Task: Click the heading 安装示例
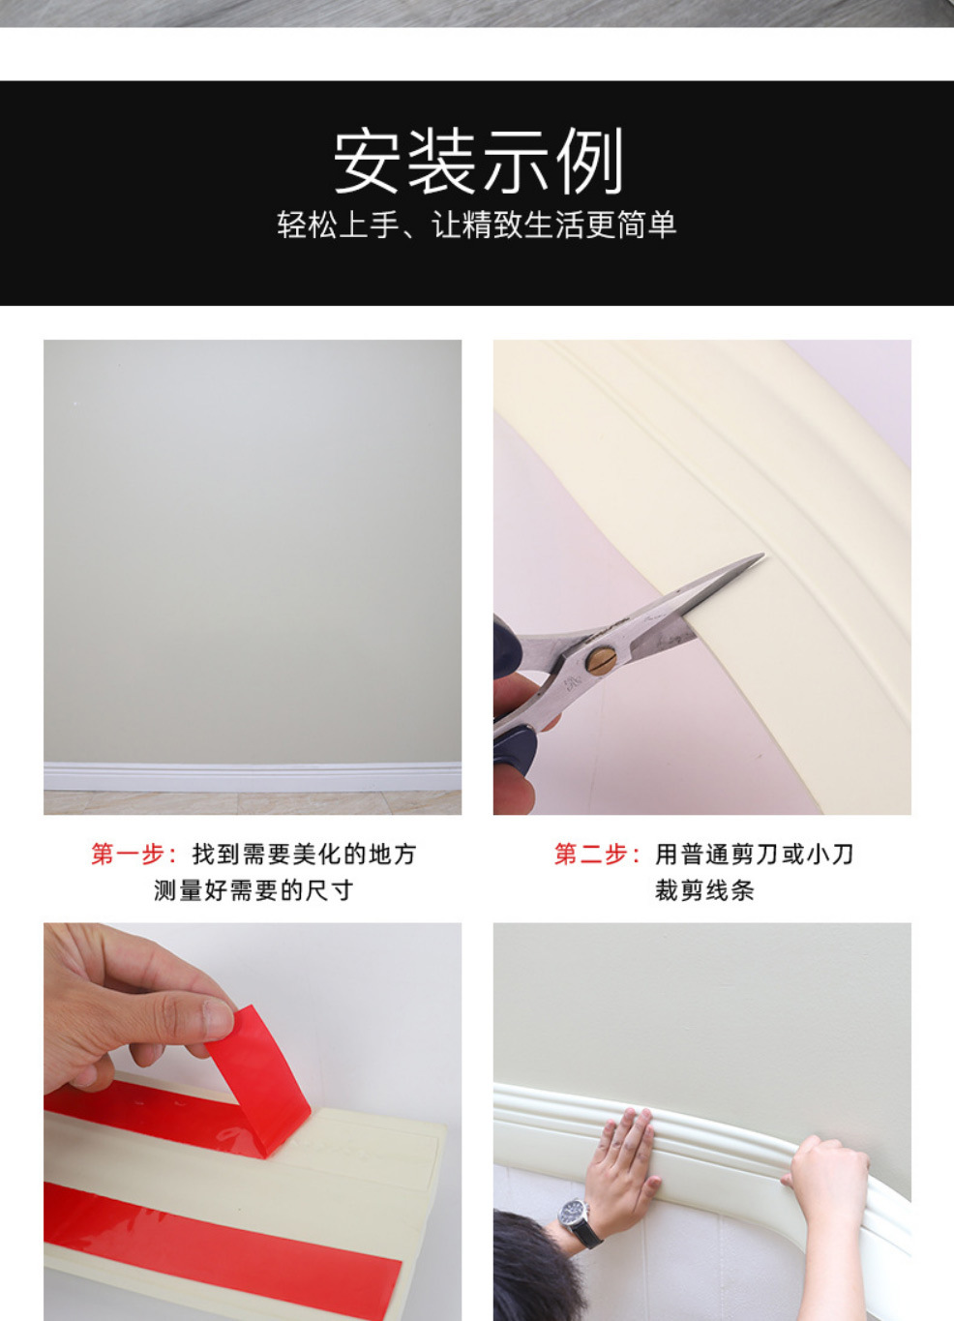tap(478, 161)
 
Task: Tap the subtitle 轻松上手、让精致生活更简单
tap(477, 225)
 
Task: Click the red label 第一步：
tap(134, 854)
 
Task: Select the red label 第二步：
tap(597, 854)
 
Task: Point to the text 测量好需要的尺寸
tap(253, 890)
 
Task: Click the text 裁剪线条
tap(704, 890)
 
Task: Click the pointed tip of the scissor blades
tap(763, 555)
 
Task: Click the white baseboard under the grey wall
tap(253, 776)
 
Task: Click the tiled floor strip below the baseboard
tap(253, 802)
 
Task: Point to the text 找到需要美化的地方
tap(304, 854)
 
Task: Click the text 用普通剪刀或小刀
tap(754, 854)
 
